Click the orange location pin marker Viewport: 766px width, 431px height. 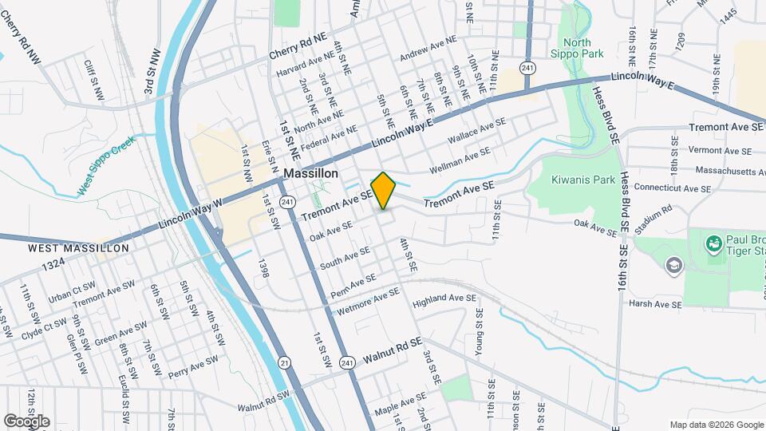pyautogui.click(x=384, y=190)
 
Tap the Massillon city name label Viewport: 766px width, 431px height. pyautogui.click(x=310, y=173)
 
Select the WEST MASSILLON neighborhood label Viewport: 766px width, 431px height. pyautogui.click(x=78, y=249)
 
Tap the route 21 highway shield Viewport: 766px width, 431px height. pyautogui.click(x=285, y=363)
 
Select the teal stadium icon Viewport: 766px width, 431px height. pyautogui.click(x=714, y=241)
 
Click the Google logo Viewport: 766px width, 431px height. pyautogui.click(x=26, y=421)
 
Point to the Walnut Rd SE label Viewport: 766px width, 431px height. pyautogui.click(x=391, y=353)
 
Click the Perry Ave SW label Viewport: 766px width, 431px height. pyautogui.click(x=193, y=365)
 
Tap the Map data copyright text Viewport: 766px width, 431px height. pyautogui.click(x=716, y=425)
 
